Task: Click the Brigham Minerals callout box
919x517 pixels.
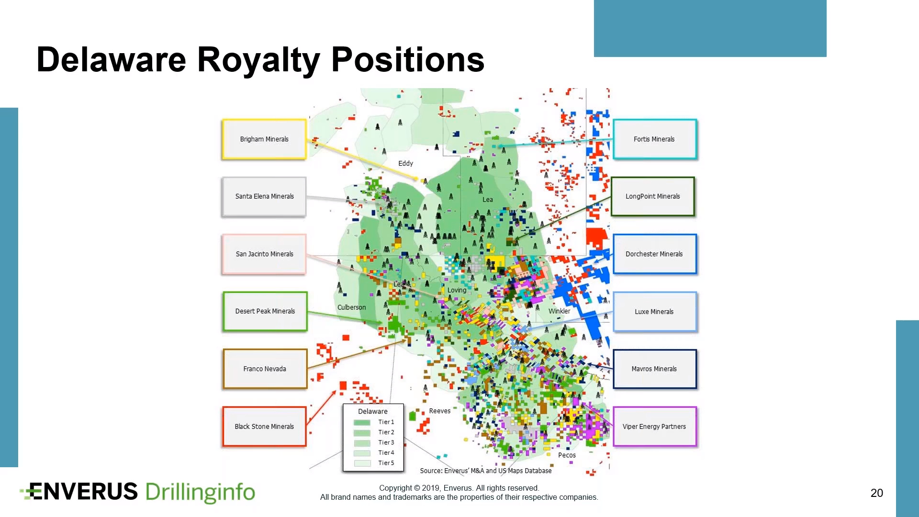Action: coord(264,139)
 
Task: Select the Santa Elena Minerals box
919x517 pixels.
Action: coord(264,197)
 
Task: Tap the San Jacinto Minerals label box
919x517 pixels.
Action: coord(264,254)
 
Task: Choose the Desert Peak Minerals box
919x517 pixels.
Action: coord(265,311)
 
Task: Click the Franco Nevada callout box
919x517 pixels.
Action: coord(265,369)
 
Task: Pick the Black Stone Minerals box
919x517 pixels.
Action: coord(264,427)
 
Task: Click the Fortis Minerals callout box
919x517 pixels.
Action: coord(655,139)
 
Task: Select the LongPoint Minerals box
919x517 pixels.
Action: coord(653,197)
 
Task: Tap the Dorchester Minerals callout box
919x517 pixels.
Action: coord(655,254)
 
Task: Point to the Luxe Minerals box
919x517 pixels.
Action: coord(655,312)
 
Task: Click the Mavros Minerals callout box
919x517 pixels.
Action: coord(655,369)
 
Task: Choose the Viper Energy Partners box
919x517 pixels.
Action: coord(655,427)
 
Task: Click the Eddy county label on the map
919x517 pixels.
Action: coord(405,163)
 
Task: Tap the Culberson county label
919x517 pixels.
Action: coord(351,307)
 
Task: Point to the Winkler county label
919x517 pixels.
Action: coord(559,311)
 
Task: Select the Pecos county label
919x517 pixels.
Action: coord(567,455)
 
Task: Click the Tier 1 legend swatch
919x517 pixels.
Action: coord(362,422)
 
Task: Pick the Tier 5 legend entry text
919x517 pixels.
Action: coord(386,463)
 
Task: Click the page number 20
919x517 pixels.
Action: coord(876,493)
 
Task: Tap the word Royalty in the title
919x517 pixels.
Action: coord(259,61)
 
